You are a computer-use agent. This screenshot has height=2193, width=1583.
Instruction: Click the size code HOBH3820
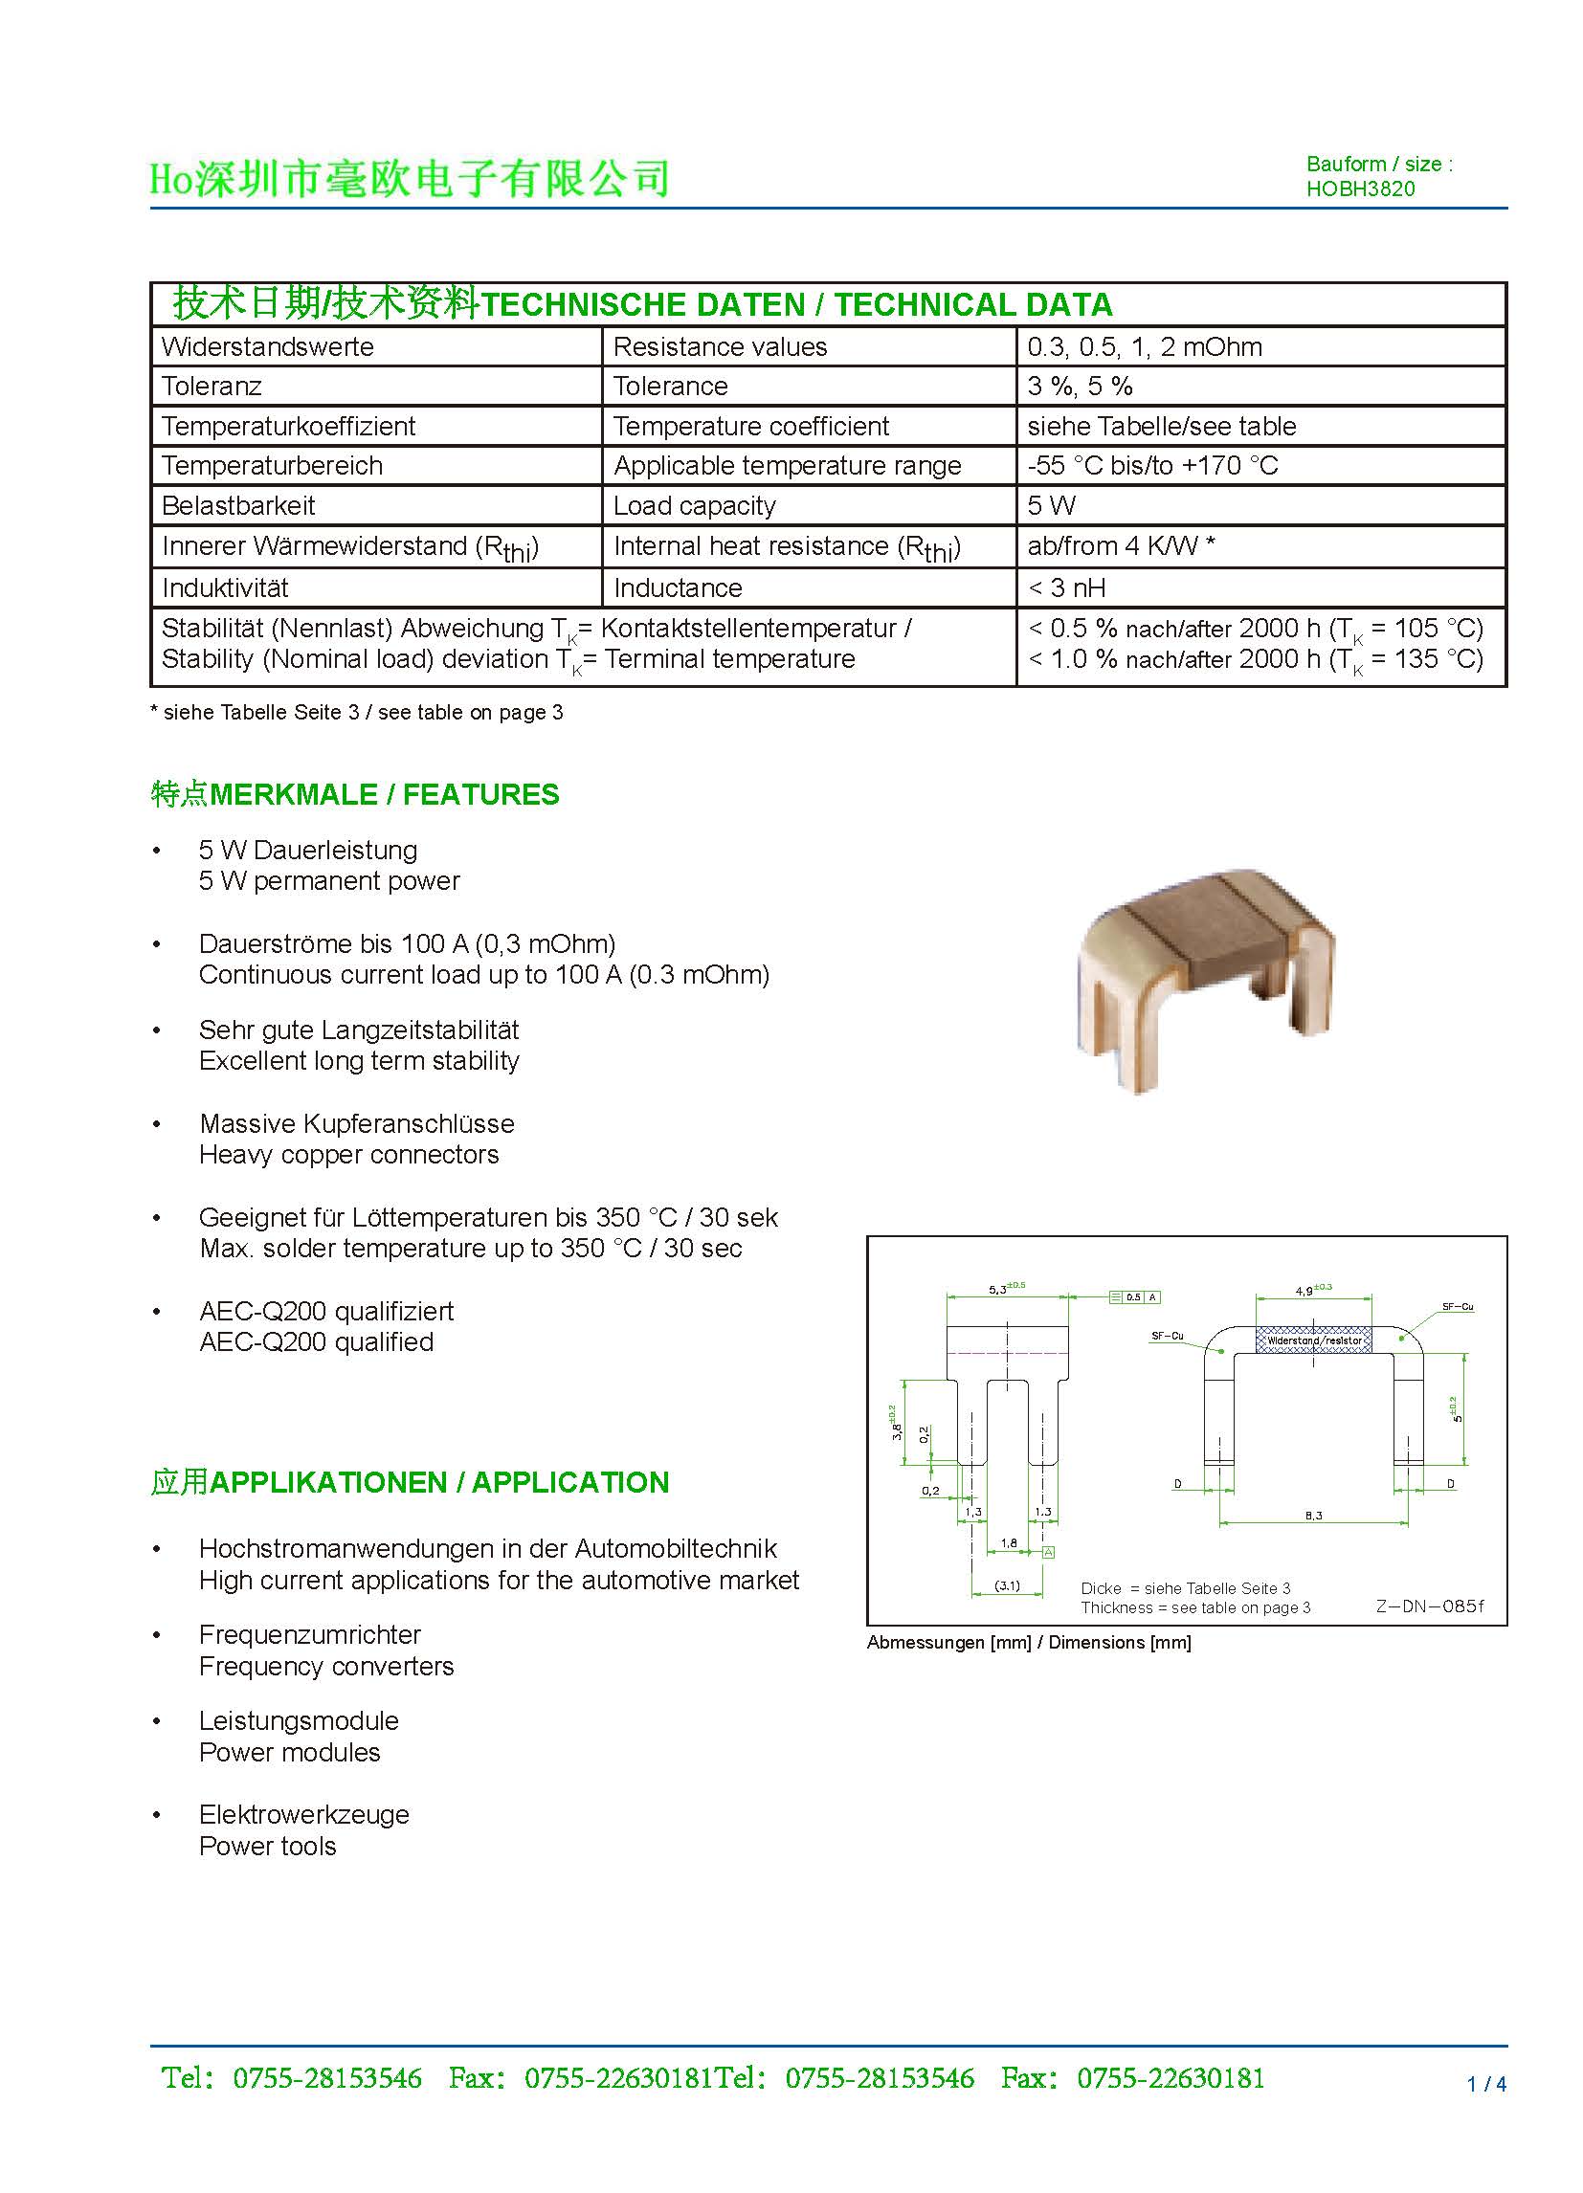(x=1360, y=188)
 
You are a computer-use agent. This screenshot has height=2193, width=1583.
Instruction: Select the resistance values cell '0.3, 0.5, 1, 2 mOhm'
(x=1144, y=346)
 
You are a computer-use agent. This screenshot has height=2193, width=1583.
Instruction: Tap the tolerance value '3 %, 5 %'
(x=1080, y=386)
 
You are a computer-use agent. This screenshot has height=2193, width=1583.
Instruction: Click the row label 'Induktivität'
(x=224, y=587)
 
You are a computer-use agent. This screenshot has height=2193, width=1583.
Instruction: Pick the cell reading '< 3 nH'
(x=1065, y=587)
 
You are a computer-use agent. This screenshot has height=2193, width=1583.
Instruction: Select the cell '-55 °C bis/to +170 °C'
(x=1151, y=465)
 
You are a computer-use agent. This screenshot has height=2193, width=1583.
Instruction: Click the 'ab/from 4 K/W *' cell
(x=1121, y=546)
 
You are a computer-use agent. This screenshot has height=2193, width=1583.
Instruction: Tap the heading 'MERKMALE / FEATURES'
(x=384, y=795)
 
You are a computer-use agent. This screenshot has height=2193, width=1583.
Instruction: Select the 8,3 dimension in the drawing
(x=1313, y=1516)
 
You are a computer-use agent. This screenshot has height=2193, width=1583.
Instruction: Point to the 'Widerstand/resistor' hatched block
(x=1313, y=1340)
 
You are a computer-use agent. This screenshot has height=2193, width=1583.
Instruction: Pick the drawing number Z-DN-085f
(x=1428, y=1606)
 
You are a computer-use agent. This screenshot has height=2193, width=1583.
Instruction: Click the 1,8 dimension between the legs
(x=1008, y=1543)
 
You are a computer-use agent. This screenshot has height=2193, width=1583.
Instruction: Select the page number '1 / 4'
(x=1486, y=2085)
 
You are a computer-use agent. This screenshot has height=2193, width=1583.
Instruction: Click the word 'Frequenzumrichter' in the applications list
(x=309, y=1635)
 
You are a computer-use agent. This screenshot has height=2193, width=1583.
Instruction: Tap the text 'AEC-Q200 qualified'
(x=316, y=1342)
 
